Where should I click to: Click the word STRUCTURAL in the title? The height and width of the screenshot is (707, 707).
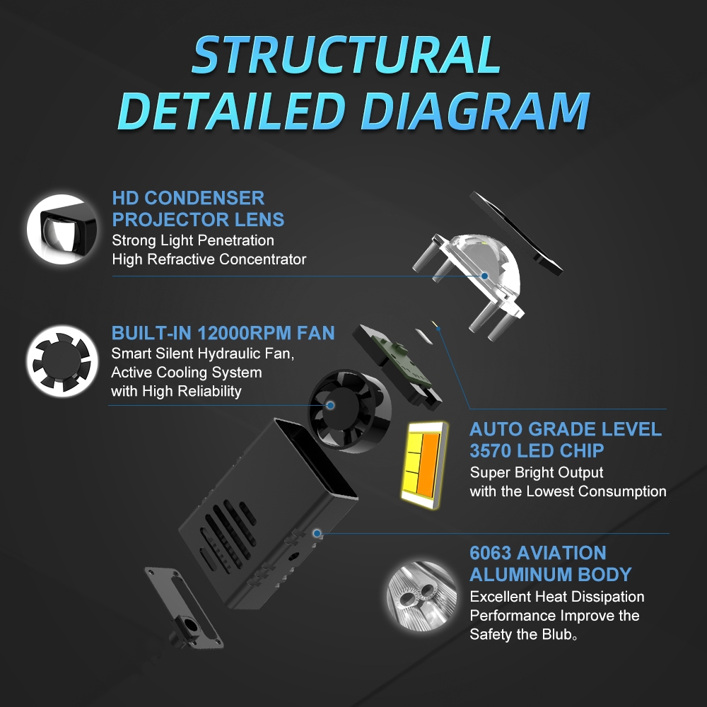pos(346,54)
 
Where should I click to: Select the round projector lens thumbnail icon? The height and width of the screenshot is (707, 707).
pos(62,229)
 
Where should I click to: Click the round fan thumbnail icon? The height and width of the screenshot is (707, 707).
pos(62,361)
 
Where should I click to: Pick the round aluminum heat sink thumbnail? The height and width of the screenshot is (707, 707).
pos(421,596)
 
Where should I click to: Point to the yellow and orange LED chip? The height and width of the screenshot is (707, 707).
pos(423,466)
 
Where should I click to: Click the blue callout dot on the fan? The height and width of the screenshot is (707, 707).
pos(330,405)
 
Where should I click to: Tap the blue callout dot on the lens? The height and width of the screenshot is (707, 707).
pos(484,276)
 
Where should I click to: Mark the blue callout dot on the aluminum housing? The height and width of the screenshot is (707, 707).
pos(317,533)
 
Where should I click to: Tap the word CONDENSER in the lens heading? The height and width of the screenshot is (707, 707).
pos(204,198)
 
